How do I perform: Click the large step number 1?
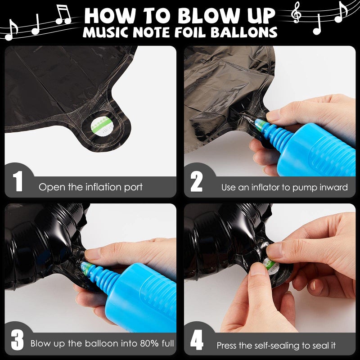coord(18,181)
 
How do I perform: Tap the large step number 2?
coord(196,181)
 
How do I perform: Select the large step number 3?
coord(17,340)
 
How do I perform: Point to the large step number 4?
coord(197,340)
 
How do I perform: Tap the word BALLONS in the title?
coord(244,32)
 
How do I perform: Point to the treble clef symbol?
coord(296,12)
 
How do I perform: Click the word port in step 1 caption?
coord(133,187)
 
